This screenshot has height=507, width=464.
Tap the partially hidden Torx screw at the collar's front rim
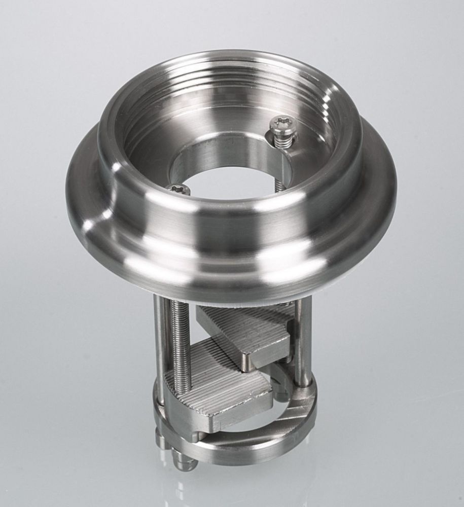[179, 189]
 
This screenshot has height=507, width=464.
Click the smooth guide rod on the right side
[304, 340]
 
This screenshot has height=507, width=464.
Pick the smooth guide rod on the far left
[160, 345]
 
